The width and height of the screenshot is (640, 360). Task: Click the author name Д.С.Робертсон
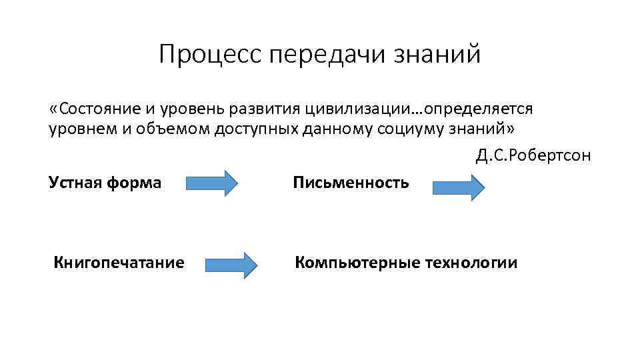[533, 155]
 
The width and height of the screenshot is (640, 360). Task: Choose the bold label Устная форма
[105, 182]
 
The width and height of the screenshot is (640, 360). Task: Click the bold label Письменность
[351, 182]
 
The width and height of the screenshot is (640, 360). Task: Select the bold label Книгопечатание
[119, 263]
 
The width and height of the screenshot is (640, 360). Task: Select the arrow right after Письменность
[459, 187]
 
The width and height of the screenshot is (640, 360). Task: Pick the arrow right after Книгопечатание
[231, 265]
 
